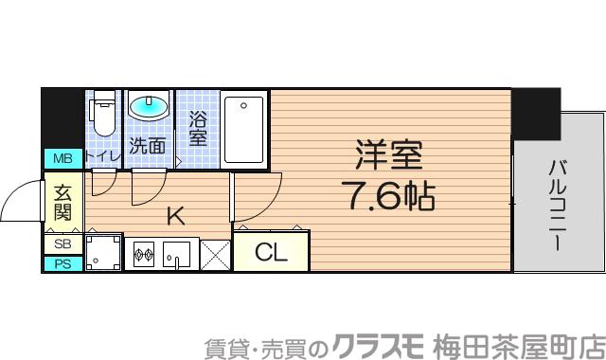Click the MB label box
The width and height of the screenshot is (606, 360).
(x=62, y=158)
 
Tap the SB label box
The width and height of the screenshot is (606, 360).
(x=62, y=243)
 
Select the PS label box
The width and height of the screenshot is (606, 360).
(x=62, y=263)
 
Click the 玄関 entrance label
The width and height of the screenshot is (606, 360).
(x=62, y=202)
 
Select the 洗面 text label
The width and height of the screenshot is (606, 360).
(x=148, y=146)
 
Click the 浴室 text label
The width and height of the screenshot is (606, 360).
(x=198, y=129)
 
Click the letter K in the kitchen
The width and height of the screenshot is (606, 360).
(x=175, y=216)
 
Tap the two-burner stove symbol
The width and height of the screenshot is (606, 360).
(x=144, y=253)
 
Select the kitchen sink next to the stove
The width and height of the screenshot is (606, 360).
(x=177, y=254)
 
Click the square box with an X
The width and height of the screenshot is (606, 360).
(x=215, y=255)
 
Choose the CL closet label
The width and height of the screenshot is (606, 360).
(x=271, y=253)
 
